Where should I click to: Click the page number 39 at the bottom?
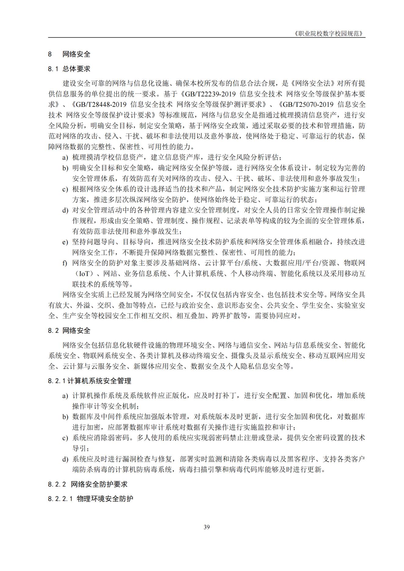pyautogui.click(x=206, y=527)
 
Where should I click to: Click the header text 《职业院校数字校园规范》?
pyautogui.click(x=330, y=34)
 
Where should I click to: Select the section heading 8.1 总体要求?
pyautogui.click(x=69, y=69)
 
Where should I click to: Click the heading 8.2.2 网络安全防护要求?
pyautogui.click(x=88, y=484)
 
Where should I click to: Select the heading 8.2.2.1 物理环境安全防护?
pyautogui.click(x=90, y=499)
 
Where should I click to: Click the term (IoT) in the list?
pyautogui.click(x=84, y=274)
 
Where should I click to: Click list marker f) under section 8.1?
pyautogui.click(x=65, y=263)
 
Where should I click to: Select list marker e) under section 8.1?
pyautogui.click(x=65, y=242)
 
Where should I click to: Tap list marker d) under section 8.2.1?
pyautogui.click(x=65, y=459)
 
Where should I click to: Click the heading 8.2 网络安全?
pyautogui.click(x=69, y=331)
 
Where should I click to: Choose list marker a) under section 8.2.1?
pyautogui.click(x=65, y=396)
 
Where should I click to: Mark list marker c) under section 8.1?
pyautogui.click(x=65, y=190)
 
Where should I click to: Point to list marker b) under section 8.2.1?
pyautogui.click(x=65, y=417)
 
